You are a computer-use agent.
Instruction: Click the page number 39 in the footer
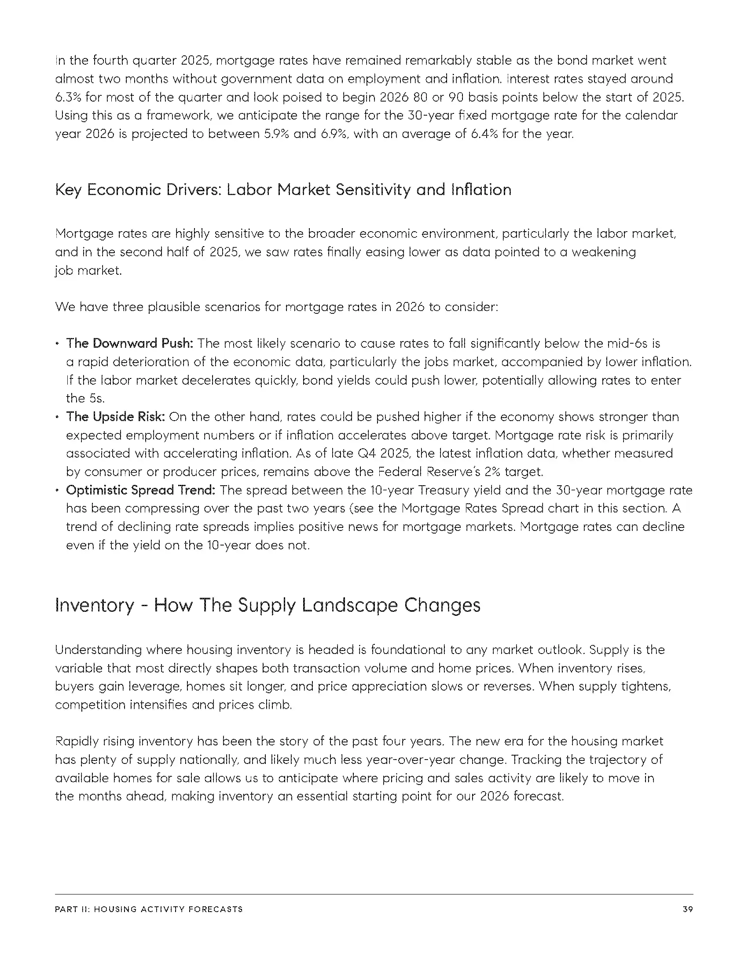pos(688,909)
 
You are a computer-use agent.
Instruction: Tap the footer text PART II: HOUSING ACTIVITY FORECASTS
pos(149,909)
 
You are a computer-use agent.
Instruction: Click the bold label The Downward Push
pos(129,343)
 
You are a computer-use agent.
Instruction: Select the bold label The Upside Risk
pos(115,417)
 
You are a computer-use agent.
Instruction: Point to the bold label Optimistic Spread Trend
pos(140,490)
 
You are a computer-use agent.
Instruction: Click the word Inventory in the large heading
pos(95,605)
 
